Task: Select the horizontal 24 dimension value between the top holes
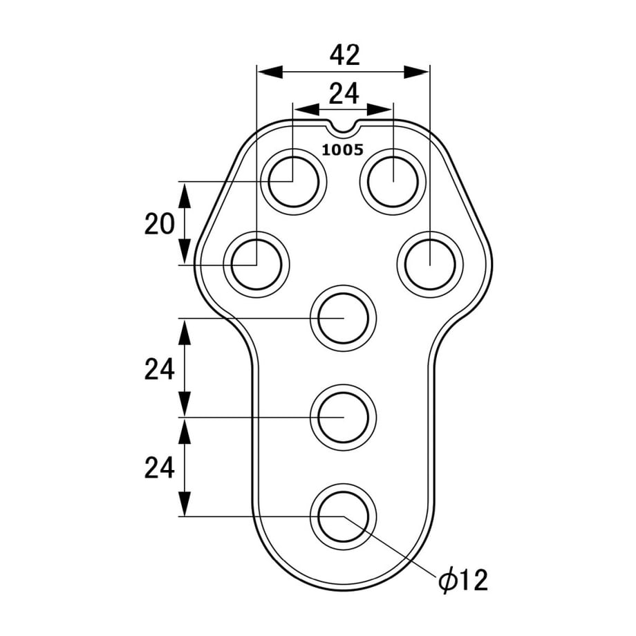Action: coord(344,94)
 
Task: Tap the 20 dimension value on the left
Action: coord(160,223)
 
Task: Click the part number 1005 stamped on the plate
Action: coord(343,150)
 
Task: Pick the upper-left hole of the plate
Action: coord(293,181)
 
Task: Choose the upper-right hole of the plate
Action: coord(393,181)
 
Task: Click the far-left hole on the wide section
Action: coord(256,265)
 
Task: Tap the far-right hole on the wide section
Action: coord(430,265)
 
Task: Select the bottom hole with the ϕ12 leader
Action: coord(344,516)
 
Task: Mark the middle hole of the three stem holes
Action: coord(344,417)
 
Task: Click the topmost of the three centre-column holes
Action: coord(344,319)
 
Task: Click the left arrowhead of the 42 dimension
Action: coord(270,73)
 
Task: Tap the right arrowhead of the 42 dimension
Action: coord(417,73)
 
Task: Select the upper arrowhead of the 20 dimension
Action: coord(185,195)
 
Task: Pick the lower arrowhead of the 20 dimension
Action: coord(185,252)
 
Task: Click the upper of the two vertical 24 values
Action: coord(160,368)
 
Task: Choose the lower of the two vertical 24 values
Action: coord(160,467)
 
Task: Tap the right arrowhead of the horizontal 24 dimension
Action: coord(380,109)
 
